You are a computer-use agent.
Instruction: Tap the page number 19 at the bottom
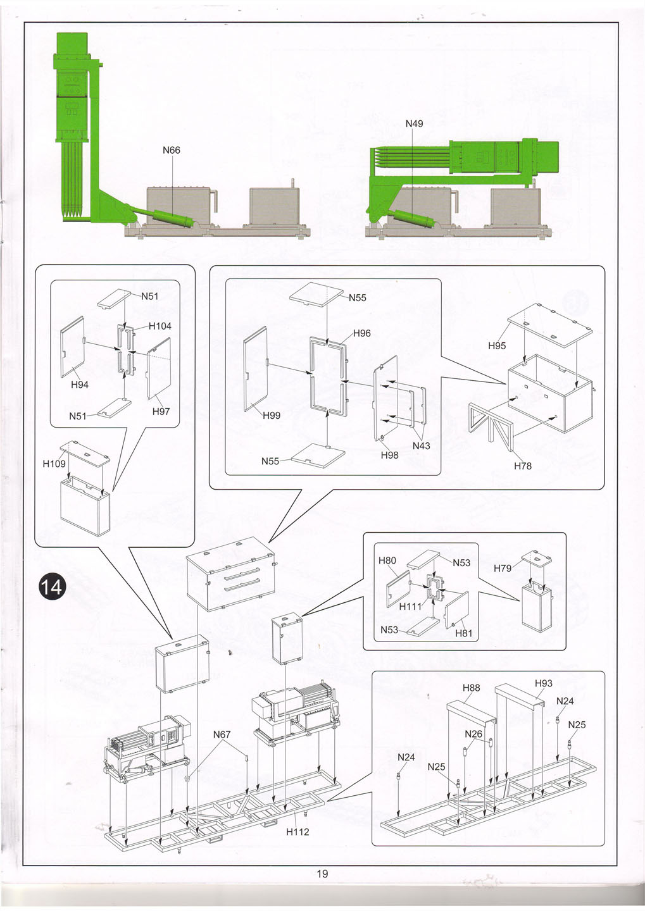coord(322,874)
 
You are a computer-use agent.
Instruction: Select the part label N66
coord(172,150)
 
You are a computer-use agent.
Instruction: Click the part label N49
coord(414,123)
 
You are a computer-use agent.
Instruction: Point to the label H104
coord(160,326)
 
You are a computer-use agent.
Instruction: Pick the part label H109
coord(54,464)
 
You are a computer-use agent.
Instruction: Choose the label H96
coord(361,333)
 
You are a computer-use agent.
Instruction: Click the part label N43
coord(421,445)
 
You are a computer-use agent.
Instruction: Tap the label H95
coord(497,346)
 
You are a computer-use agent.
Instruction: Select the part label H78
coord(523,466)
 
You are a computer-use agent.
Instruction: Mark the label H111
coord(410,606)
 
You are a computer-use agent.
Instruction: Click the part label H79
coord(503,568)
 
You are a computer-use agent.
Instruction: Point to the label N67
coord(222,734)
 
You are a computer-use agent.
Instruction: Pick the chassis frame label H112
coord(297,831)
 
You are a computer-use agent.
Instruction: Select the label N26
coord(473,734)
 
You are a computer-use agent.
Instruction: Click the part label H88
coord(471,688)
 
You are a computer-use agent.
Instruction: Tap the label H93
coord(543,683)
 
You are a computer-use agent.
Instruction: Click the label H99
coord(272,415)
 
